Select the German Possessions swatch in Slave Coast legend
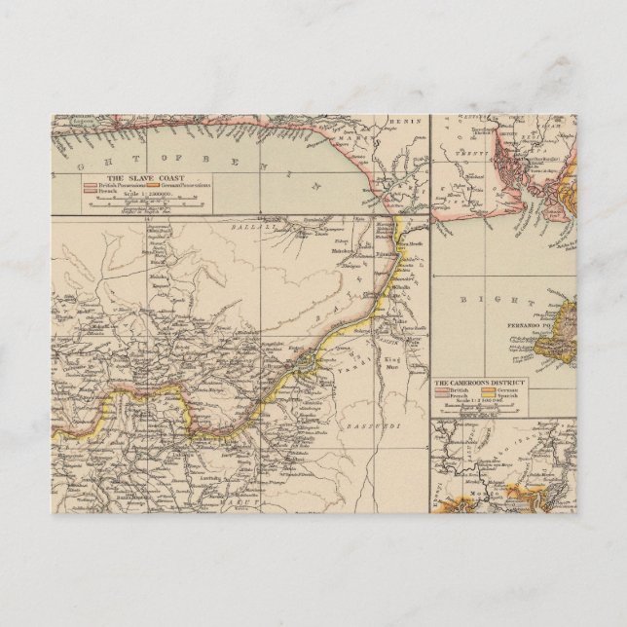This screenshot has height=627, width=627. pyautogui.click(x=152, y=186)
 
